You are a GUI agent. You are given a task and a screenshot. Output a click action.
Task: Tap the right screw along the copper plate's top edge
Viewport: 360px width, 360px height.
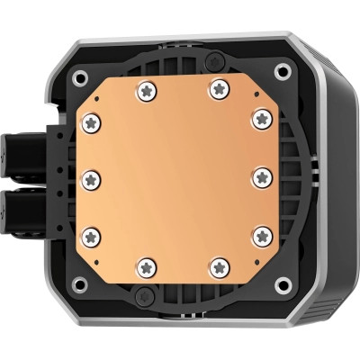pos(219,88)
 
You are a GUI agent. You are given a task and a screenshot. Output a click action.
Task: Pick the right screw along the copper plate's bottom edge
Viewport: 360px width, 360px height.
pos(219,266)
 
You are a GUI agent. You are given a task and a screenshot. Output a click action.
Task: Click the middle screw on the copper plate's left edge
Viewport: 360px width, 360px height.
pos(92,177)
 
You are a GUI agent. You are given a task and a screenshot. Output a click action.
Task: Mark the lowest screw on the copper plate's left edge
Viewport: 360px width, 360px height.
pos(92,236)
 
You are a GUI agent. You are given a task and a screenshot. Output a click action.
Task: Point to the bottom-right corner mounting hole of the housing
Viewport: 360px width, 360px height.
pos(283,287)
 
